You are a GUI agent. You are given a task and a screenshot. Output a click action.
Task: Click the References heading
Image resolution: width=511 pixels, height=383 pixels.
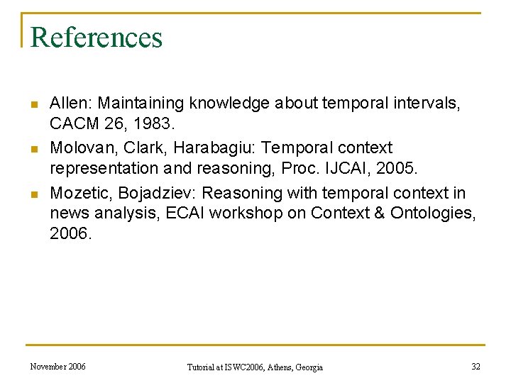(97, 37)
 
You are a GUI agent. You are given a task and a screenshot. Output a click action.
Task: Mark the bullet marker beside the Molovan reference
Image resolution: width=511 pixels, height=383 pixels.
(33, 149)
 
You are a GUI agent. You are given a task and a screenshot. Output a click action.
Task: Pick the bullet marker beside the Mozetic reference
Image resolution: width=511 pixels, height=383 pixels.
(33, 194)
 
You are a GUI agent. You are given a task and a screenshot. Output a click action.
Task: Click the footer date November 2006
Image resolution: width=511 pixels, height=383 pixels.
(58, 367)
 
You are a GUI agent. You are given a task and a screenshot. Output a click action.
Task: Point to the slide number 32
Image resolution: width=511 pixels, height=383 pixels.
(476, 367)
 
